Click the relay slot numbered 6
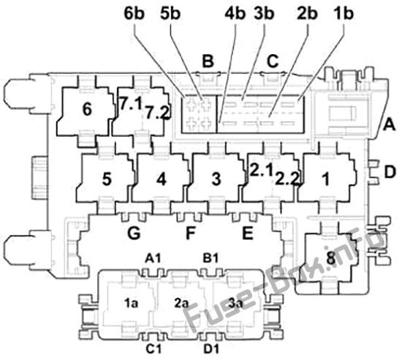87,110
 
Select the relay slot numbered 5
106,179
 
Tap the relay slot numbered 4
162,179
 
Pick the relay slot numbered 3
216,179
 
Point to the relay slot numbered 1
327,179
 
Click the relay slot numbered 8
330,258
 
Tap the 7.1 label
131,104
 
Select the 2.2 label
287,179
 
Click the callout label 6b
134,13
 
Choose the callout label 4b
235,13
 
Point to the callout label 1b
343,13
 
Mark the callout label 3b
264,13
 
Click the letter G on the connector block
134,233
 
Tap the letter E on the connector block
248,233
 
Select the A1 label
153,258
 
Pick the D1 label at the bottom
211,349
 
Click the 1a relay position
132,304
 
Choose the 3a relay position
235,304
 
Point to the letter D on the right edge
390,172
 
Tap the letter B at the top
208,61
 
